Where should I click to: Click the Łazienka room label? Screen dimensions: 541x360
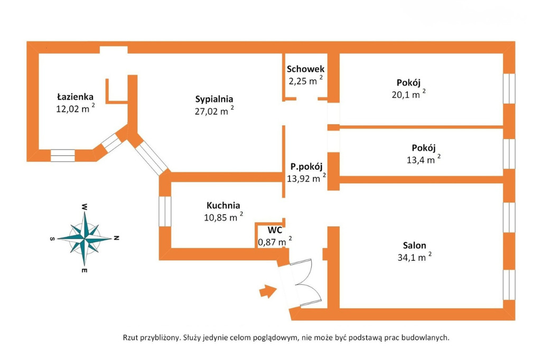coord(75,97)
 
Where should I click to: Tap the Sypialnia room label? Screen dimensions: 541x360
coord(214,99)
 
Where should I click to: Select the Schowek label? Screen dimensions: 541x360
coord(306,69)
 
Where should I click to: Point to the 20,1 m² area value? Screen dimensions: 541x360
coord(408,94)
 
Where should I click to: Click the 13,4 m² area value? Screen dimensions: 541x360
coord(423,159)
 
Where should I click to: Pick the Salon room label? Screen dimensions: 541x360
coord(414,245)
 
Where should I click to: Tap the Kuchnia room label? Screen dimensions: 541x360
coord(223,205)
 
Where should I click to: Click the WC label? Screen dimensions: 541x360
coord(275,230)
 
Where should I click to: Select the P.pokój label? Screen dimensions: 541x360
coord(306,167)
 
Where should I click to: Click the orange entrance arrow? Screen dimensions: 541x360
coord(268,291)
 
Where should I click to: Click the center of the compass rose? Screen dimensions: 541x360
coord(85,238)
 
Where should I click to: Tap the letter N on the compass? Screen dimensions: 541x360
coord(117,238)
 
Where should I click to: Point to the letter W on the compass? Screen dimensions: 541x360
coord(84,207)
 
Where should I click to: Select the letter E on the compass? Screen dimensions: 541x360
coord(84,270)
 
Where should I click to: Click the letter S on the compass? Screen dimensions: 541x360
coord(52,238)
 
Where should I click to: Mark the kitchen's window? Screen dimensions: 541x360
coord(165,211)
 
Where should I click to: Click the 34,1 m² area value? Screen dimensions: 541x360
coord(414,257)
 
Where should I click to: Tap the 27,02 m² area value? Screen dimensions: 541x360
coord(214,111)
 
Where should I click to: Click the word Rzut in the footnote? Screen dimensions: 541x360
coord(130,338)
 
